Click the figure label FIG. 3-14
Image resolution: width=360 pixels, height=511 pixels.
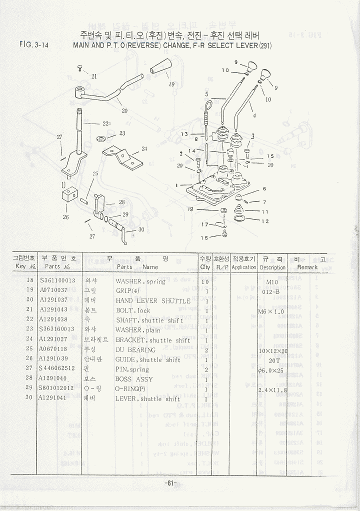(x=34, y=45)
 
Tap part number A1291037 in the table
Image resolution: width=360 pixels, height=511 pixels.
(x=57, y=300)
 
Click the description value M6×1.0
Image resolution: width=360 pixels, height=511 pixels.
(x=270, y=311)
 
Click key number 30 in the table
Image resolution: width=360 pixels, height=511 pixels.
(x=29, y=397)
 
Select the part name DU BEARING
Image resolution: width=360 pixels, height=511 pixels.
(x=135, y=350)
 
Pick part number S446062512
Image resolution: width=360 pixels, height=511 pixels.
(x=57, y=369)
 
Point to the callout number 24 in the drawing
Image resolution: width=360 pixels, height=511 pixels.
(x=144, y=149)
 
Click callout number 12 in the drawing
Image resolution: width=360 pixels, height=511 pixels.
(x=265, y=221)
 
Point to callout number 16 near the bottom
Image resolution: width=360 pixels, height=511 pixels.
(x=204, y=237)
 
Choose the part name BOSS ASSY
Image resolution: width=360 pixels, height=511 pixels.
(x=134, y=379)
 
